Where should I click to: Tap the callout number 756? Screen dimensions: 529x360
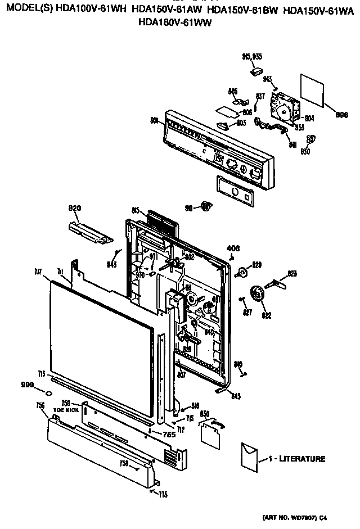point(41,405)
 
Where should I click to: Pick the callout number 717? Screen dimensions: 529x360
point(38,272)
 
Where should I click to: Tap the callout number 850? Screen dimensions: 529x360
point(205,414)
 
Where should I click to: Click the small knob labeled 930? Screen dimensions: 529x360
point(309,140)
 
